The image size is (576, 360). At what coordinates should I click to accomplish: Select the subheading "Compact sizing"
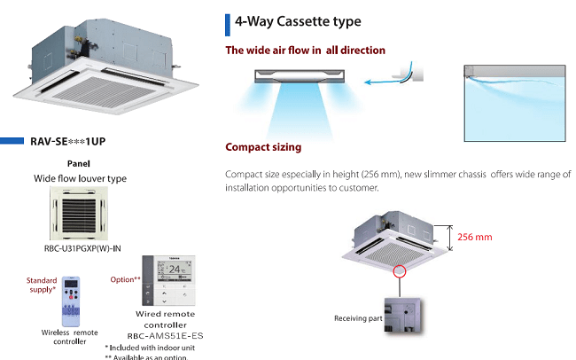[x=263, y=146]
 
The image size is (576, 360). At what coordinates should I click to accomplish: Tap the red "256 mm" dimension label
[x=474, y=237]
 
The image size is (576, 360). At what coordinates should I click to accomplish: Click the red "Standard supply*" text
[x=41, y=284]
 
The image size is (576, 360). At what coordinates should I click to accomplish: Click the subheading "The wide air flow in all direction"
[x=305, y=51]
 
